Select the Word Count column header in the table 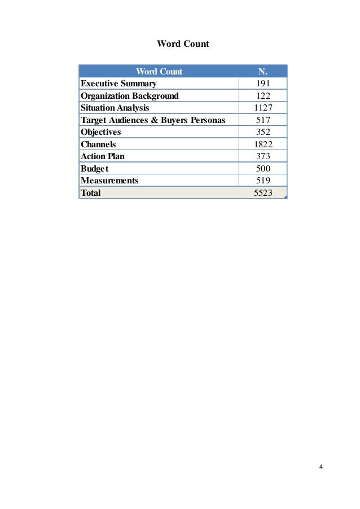159,72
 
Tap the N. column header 263,72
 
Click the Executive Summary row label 118,84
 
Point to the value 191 263,84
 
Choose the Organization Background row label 130,96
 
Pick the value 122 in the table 263,96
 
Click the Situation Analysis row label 116,108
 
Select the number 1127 263,108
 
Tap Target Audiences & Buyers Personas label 153,120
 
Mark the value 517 263,120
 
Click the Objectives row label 101,132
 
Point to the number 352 263,132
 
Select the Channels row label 99,144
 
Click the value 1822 263,144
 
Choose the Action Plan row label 103,156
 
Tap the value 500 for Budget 263,169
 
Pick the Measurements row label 109,181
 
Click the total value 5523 263,193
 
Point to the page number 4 321,467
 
